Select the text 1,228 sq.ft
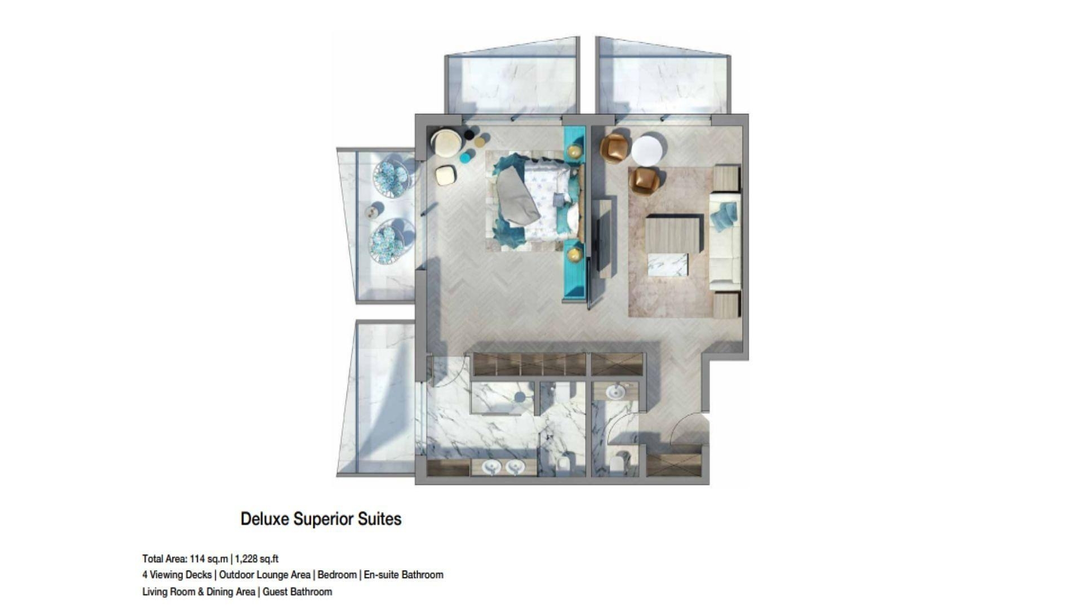256,559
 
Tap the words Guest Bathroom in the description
297,592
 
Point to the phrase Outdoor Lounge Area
264,575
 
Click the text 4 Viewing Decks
176,575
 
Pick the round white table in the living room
646,150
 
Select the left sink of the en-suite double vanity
492,467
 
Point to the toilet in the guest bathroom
617,464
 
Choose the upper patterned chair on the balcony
390,178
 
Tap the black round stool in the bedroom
469,135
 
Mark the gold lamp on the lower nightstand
574,254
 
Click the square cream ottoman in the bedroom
446,175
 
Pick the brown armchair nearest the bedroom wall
614,148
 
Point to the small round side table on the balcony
373,212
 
